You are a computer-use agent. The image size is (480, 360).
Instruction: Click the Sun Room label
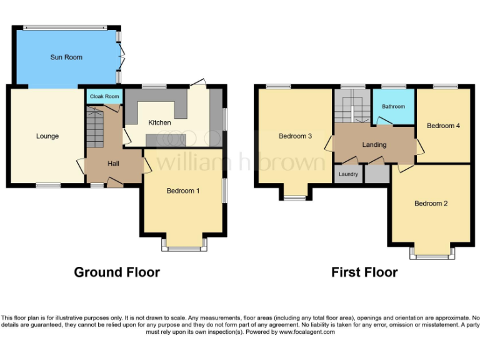[66, 57]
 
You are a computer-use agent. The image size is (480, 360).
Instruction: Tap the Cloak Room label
[104, 97]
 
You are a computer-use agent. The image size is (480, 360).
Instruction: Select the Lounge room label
[47, 136]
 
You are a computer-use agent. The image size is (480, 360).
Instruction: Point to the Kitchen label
[159, 122]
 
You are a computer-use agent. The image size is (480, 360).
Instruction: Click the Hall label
[113, 164]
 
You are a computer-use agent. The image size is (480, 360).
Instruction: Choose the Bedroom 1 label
[182, 191]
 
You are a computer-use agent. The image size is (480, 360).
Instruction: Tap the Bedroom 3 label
[295, 136]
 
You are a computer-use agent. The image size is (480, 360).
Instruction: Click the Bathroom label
[394, 107]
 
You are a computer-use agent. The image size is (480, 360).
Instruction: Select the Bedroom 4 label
[443, 126]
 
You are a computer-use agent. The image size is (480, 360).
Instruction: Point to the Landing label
[374, 145]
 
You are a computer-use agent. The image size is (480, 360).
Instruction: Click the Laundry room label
[348, 174]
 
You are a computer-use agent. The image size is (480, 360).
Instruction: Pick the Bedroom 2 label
[431, 203]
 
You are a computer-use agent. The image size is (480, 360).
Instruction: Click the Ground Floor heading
[117, 272]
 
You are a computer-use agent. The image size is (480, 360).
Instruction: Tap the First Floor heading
[364, 272]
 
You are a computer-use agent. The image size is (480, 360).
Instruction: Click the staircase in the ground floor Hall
[96, 128]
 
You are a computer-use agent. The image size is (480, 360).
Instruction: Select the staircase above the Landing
[352, 106]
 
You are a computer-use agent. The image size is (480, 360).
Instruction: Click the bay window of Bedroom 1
[184, 245]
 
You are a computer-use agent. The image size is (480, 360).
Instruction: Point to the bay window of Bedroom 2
[432, 252]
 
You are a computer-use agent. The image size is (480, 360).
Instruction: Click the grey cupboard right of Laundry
[376, 174]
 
